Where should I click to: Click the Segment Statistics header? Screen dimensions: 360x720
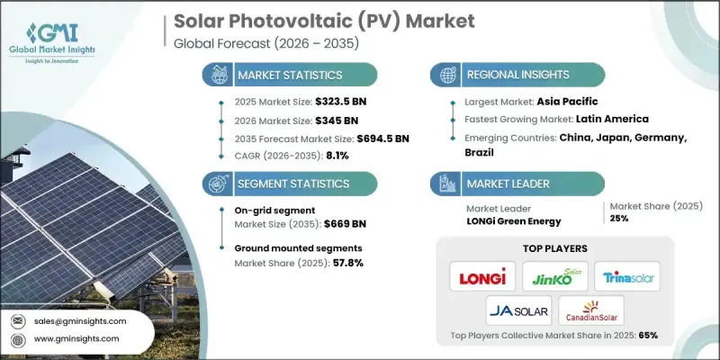click(x=282, y=184)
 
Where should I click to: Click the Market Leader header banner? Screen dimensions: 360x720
click(x=504, y=184)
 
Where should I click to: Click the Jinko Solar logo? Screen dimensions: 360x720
click(x=554, y=275)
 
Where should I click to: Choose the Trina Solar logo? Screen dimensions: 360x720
click(x=627, y=275)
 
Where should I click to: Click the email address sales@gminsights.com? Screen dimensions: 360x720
click(x=79, y=320)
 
